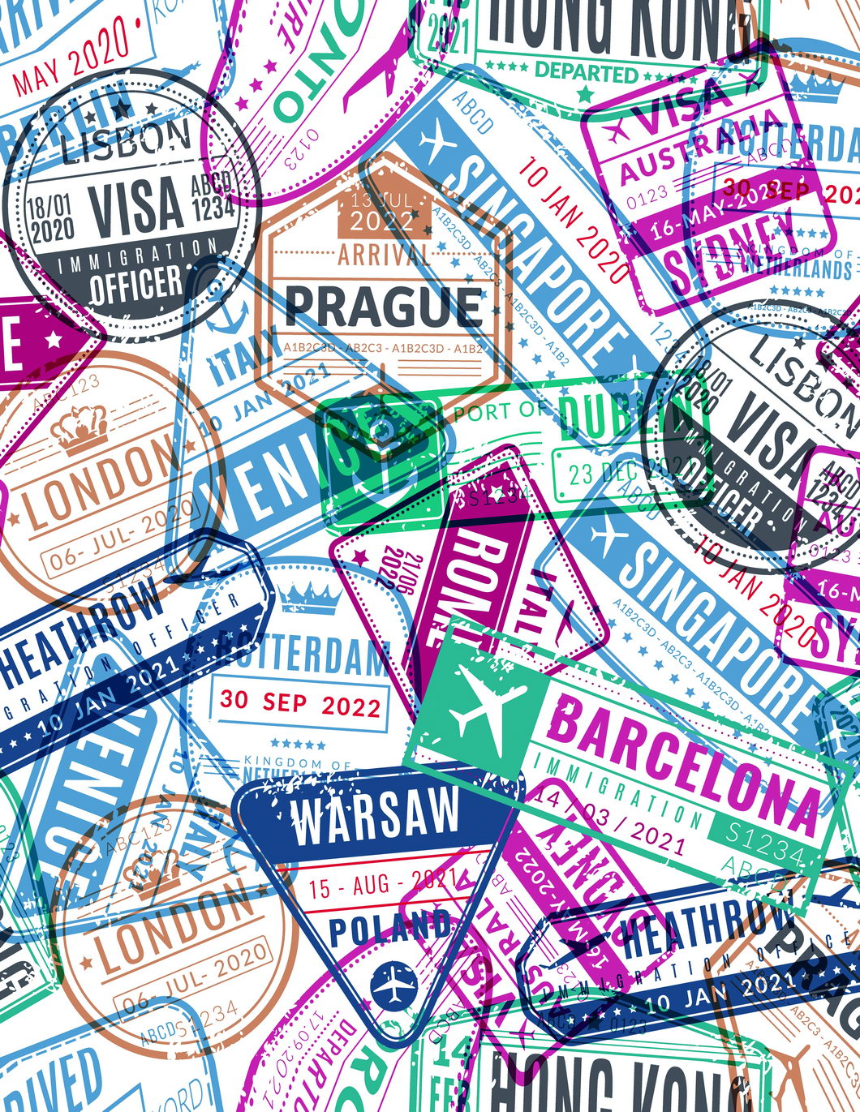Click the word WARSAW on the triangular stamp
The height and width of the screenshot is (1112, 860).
click(375, 815)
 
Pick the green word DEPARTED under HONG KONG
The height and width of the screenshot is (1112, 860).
click(587, 72)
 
